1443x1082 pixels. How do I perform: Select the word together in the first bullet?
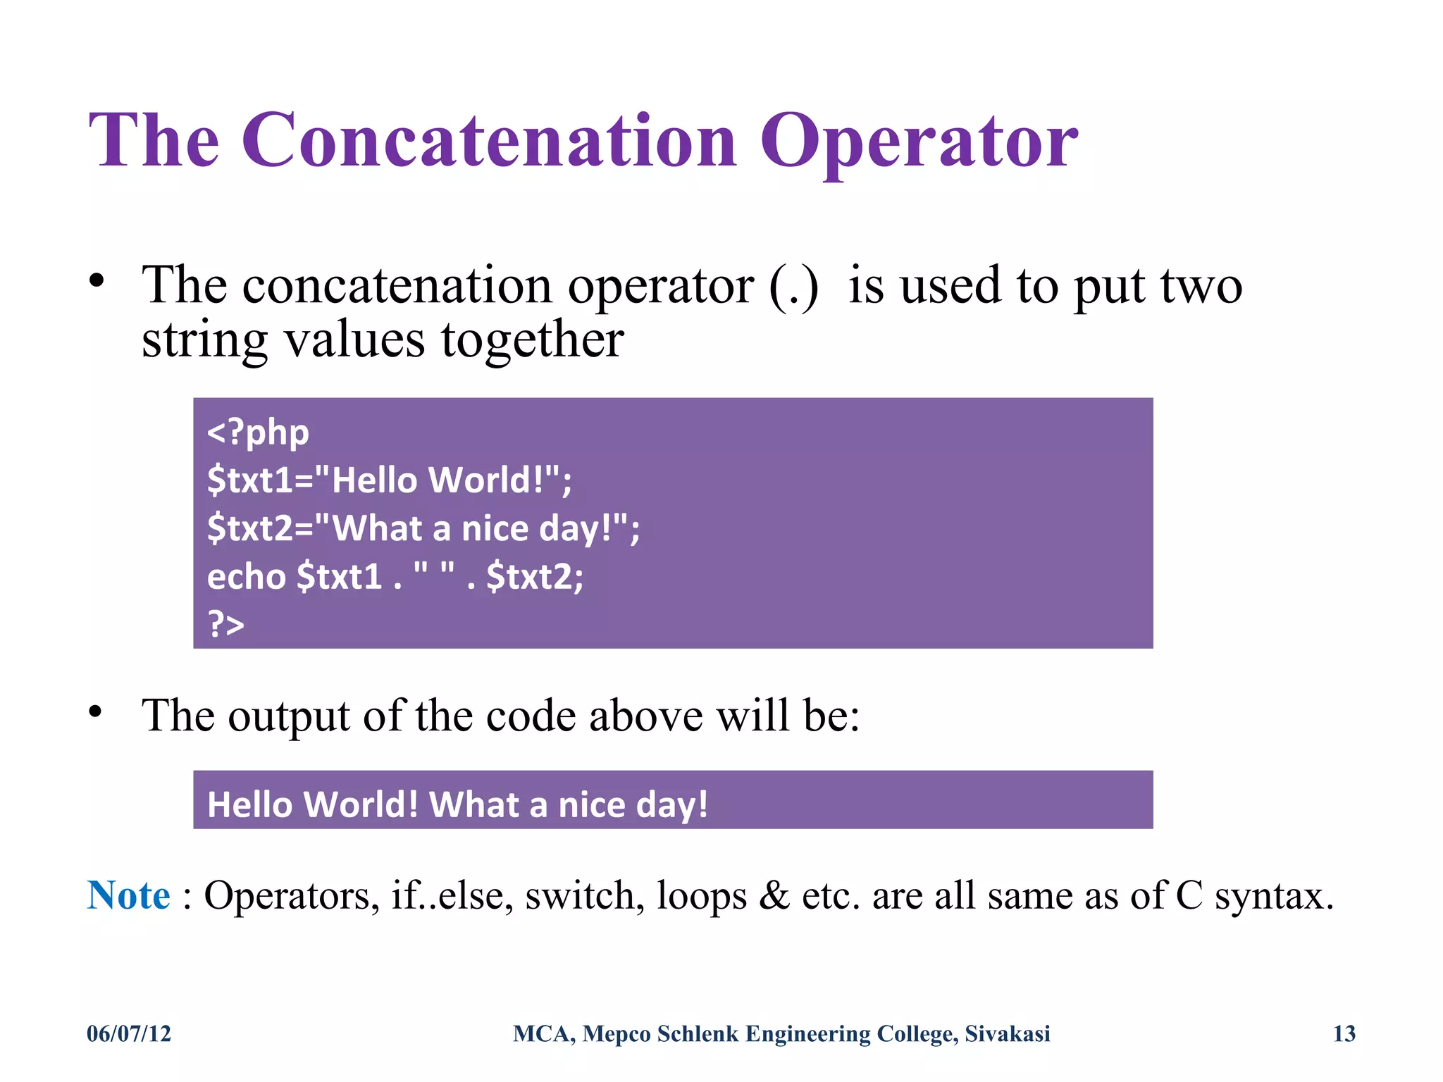tap(533, 340)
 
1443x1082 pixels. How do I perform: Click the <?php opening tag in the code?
tap(258, 433)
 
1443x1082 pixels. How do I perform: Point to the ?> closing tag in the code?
tap(225, 624)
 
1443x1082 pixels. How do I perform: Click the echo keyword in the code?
tap(246, 577)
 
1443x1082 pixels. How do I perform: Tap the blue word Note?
tap(128, 896)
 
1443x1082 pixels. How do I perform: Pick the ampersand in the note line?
tap(774, 896)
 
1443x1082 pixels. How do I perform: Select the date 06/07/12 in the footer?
tap(129, 1033)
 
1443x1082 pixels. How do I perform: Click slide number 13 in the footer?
tap(1344, 1033)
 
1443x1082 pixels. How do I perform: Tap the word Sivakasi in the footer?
tap(1007, 1033)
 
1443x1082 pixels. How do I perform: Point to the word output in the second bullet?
tap(289, 717)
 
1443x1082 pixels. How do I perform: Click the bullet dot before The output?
tap(96, 712)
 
